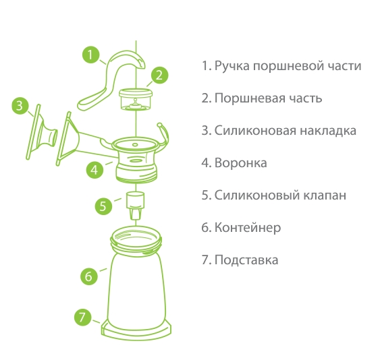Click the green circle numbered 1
[90, 55]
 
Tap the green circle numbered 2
[159, 75]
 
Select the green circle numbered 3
[20, 106]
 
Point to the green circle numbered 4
[94, 170]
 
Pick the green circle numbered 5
[103, 206]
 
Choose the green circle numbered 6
[89, 276]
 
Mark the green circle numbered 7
[82, 317]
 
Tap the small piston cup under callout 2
[136, 99]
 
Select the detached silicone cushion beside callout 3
[41, 132]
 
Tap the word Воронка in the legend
[241, 162]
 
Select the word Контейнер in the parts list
[248, 228]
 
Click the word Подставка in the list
[246, 260]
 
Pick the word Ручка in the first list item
[232, 66]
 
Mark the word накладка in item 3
[328, 131]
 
